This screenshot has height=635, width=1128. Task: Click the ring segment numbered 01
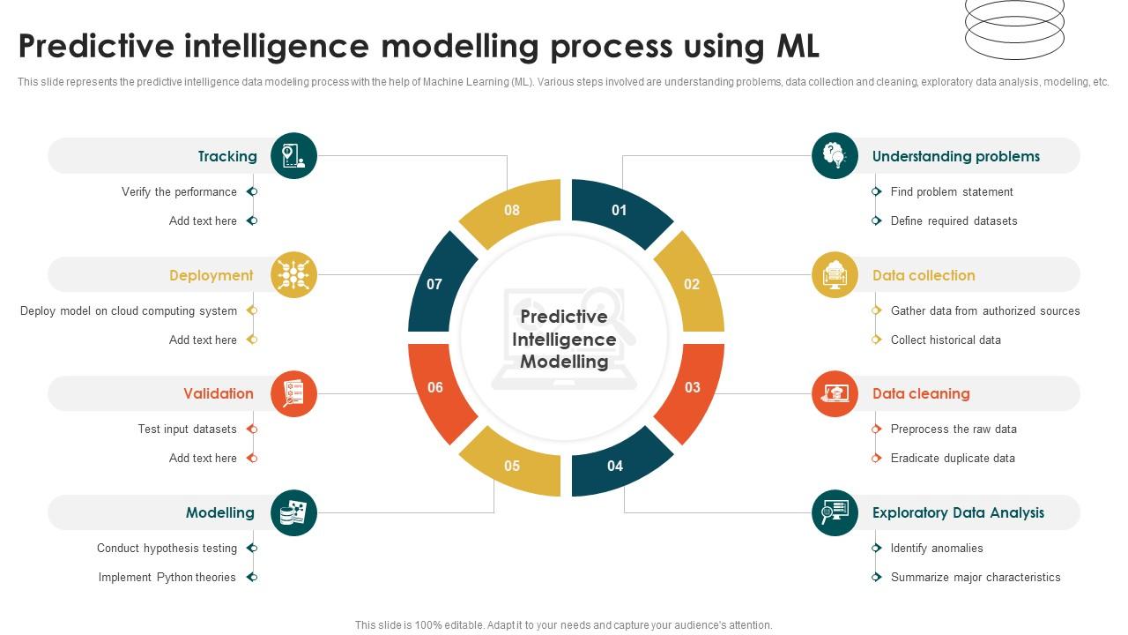click(x=619, y=210)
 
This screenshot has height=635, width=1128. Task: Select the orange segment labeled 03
click(x=692, y=387)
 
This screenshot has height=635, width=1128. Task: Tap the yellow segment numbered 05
click(x=512, y=465)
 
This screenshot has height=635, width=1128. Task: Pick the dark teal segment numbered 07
click(x=435, y=284)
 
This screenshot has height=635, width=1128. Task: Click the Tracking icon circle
click(x=293, y=156)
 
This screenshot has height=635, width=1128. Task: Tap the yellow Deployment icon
click(x=293, y=275)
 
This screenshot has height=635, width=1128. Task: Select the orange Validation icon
click(x=293, y=393)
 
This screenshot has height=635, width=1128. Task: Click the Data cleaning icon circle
click(x=835, y=393)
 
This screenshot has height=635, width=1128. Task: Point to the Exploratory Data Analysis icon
click(x=835, y=512)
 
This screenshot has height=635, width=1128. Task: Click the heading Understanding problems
click(x=955, y=156)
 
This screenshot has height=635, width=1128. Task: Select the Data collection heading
click(x=923, y=275)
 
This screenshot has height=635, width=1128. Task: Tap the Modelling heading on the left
click(x=219, y=512)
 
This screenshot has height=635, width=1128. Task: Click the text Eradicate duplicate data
click(x=953, y=458)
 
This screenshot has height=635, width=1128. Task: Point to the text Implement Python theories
click(x=167, y=577)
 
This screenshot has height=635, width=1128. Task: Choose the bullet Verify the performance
click(x=179, y=191)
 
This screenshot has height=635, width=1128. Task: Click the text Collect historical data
click(x=946, y=340)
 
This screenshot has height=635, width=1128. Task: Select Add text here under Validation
click(x=203, y=458)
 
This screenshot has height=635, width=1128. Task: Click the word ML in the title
click(x=797, y=46)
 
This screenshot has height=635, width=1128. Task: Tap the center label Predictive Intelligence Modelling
click(x=564, y=339)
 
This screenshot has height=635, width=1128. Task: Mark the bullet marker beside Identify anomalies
click(x=876, y=548)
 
